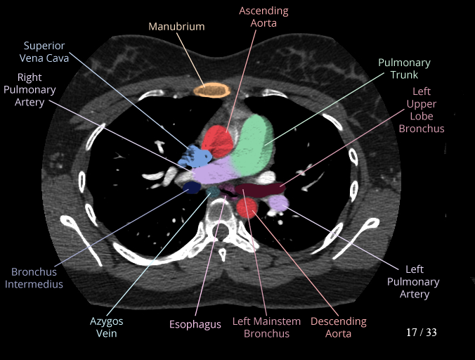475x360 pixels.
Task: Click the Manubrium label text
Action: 176,27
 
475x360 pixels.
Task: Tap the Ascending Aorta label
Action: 263,17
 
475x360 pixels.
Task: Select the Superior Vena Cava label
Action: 46,52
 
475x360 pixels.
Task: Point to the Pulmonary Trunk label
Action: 404,68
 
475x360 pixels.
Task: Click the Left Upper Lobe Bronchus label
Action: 422,110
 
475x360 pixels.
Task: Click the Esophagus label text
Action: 195,324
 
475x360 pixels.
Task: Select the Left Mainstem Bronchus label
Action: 266,328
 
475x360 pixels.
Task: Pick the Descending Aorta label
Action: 338,328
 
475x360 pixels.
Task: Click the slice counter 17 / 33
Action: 421,332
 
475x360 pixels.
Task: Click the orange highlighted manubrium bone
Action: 212,89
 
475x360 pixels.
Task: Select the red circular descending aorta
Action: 247,207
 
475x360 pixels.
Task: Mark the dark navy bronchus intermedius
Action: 190,187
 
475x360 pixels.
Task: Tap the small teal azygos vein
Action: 212,191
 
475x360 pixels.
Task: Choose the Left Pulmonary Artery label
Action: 413,281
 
